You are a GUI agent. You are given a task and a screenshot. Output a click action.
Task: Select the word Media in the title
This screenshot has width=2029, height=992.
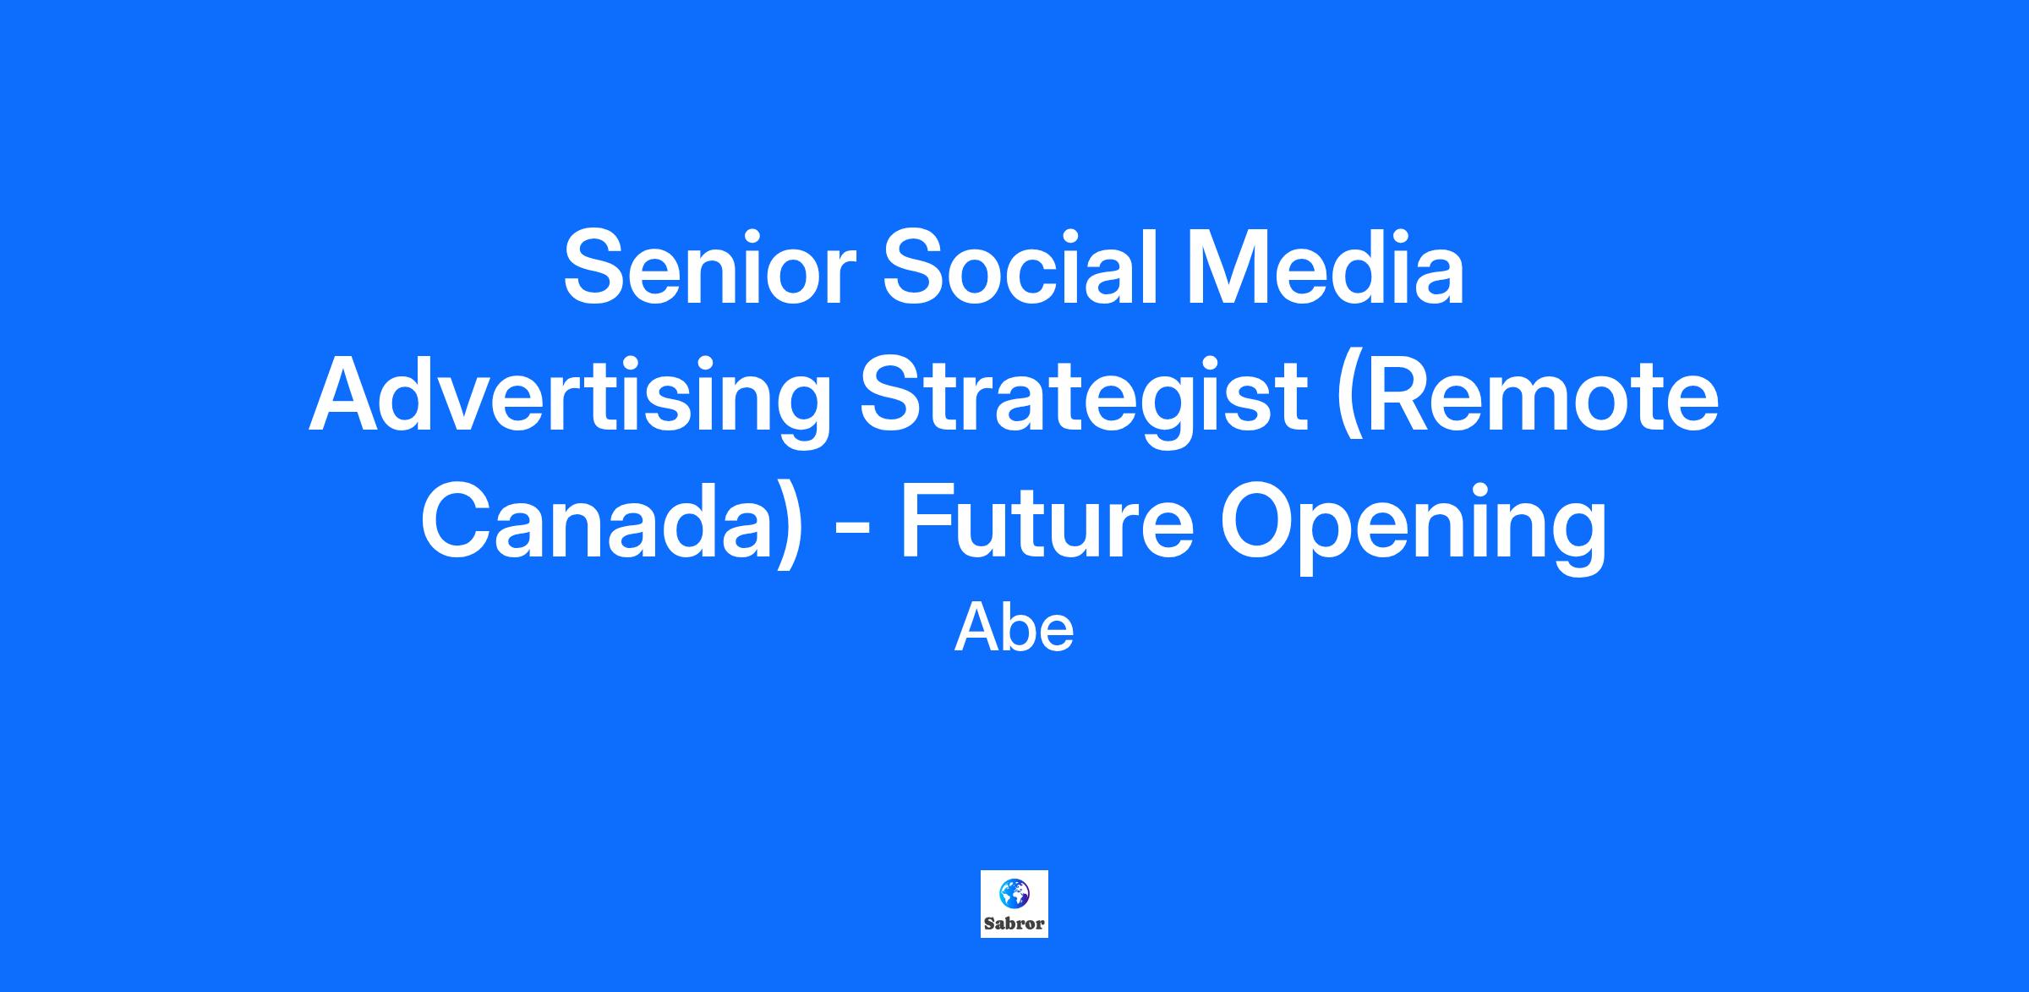click(x=1326, y=266)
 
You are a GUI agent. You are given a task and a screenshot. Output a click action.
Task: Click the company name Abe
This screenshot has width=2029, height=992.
click(x=1014, y=629)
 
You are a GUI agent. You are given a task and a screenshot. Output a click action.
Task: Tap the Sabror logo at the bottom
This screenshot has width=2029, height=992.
click(x=1014, y=904)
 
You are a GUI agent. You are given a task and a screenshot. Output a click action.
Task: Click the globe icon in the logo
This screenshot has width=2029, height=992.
click(x=1014, y=892)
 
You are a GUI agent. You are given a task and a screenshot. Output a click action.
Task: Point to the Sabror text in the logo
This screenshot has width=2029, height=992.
click(x=1014, y=924)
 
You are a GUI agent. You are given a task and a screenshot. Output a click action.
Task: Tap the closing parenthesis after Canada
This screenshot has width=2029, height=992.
click(x=787, y=526)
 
